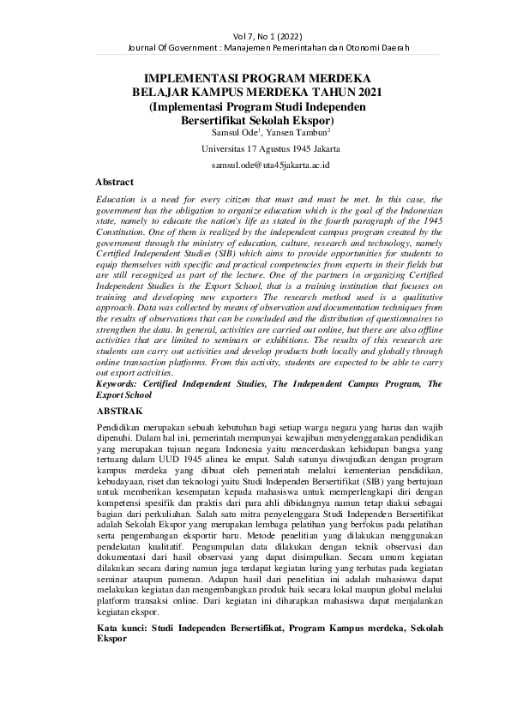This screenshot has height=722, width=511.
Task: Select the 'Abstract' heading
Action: (x=115, y=182)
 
